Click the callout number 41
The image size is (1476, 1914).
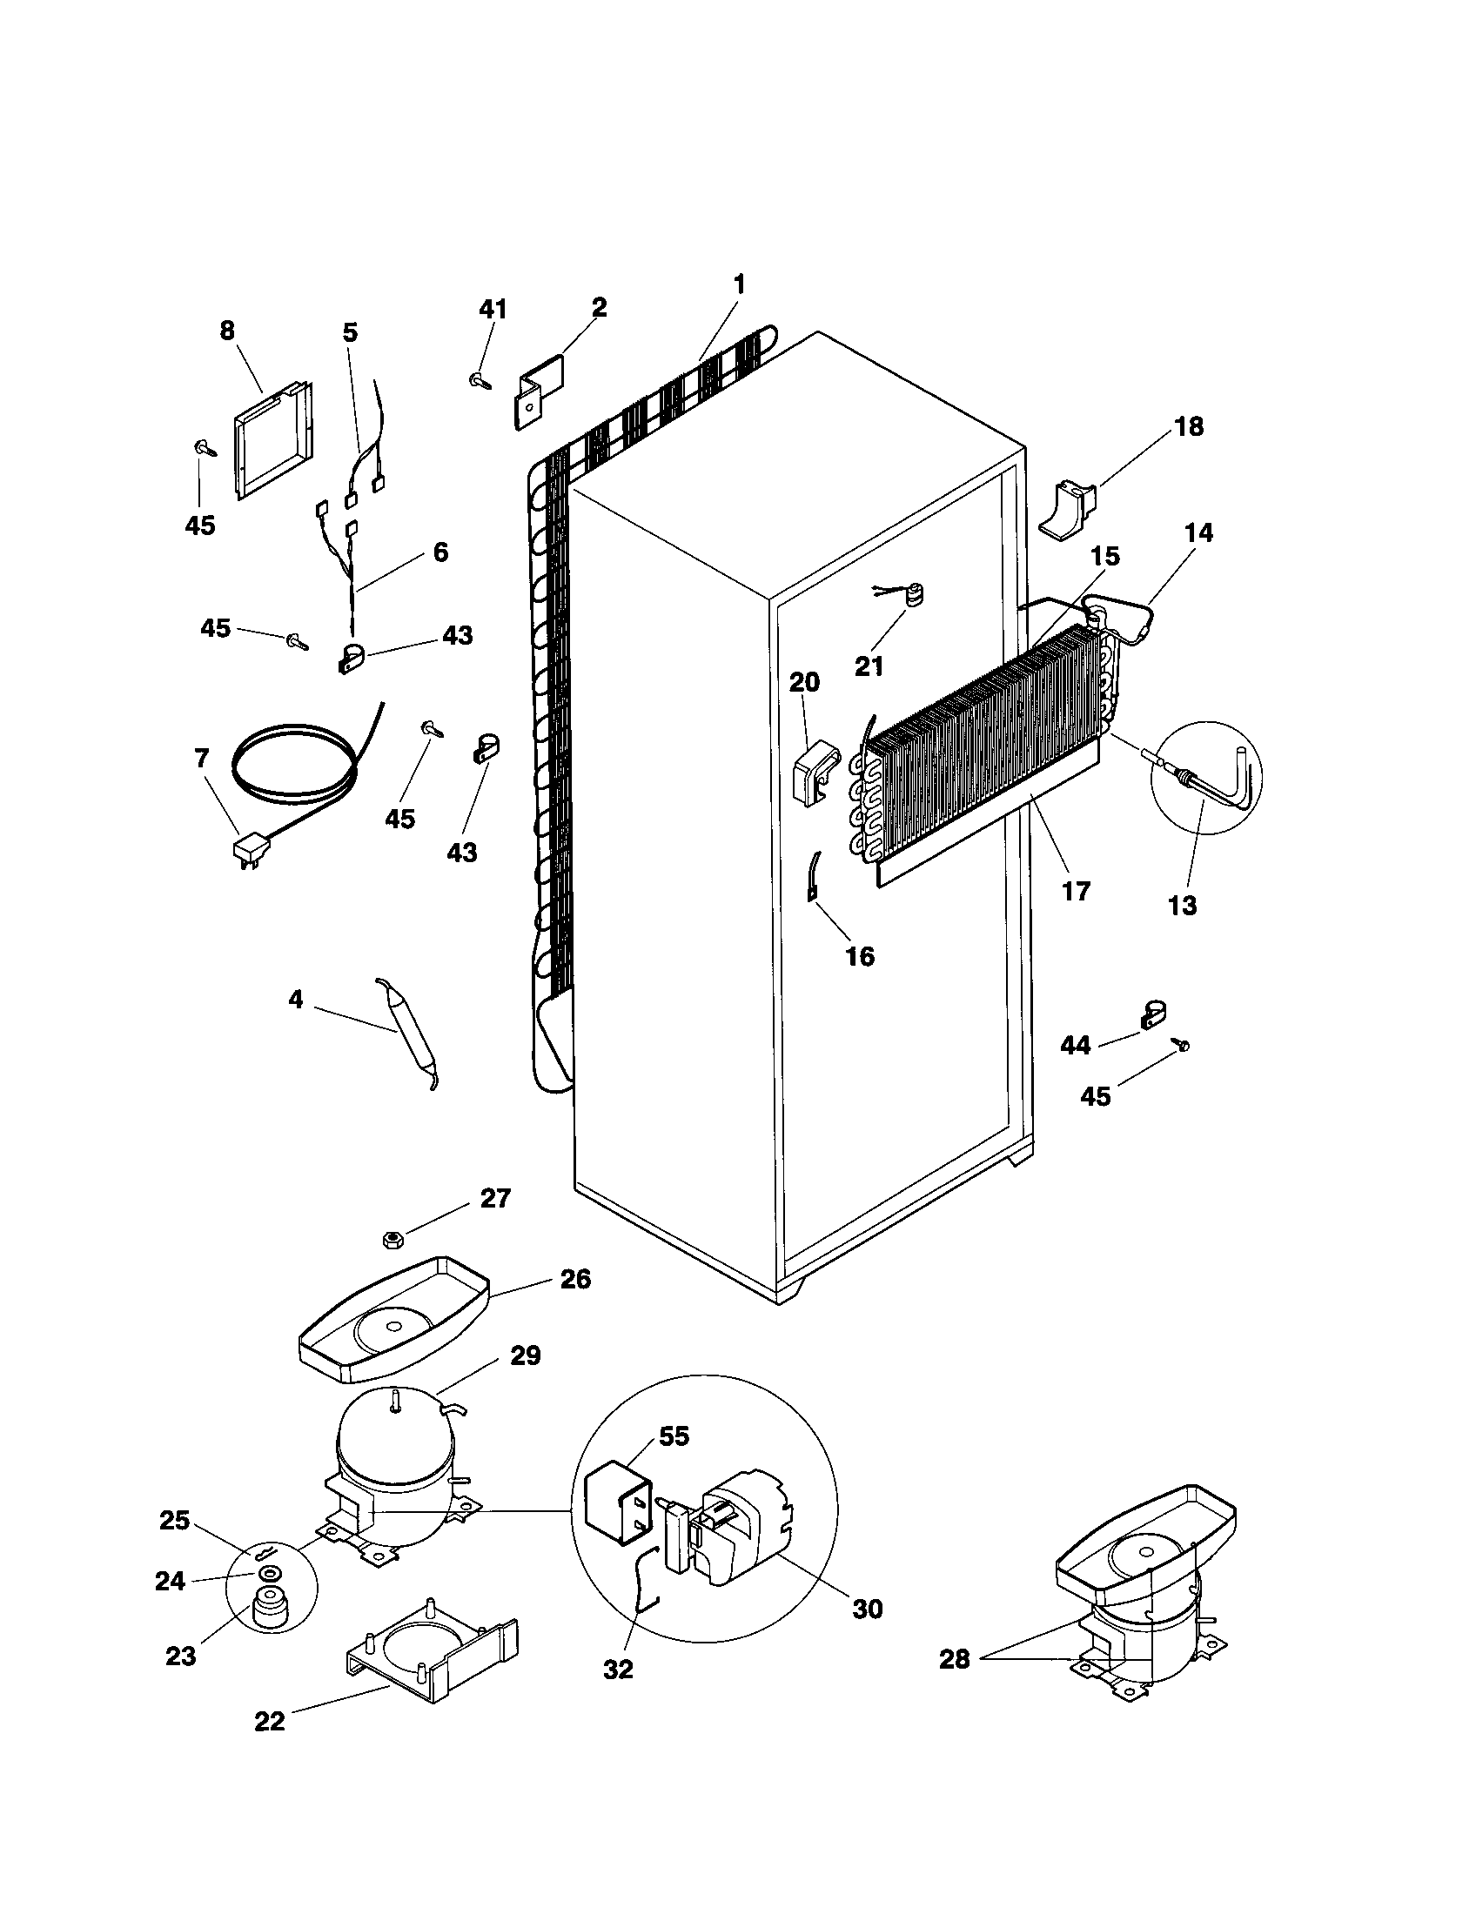click(493, 310)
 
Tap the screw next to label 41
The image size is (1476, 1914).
click(479, 380)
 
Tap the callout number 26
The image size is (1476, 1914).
click(575, 1279)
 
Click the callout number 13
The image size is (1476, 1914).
click(1183, 906)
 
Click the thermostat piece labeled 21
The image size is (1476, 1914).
click(915, 599)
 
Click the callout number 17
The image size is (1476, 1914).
click(1076, 891)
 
